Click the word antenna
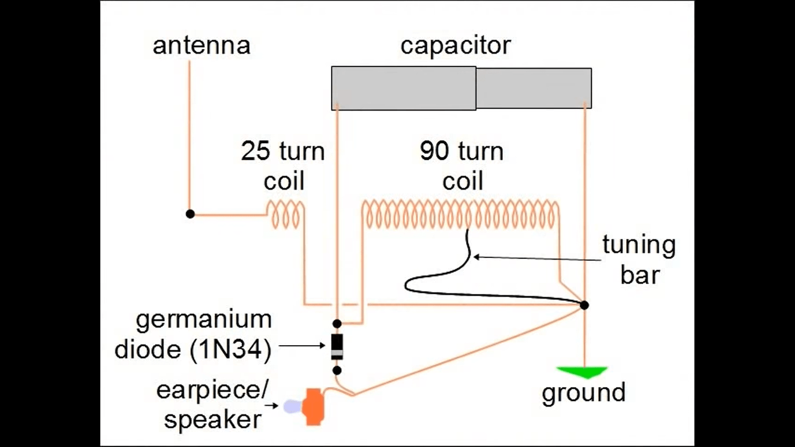tap(201, 45)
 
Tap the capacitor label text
tap(455, 45)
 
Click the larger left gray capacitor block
tap(403, 88)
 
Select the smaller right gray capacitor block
tap(534, 88)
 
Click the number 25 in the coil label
tap(255, 152)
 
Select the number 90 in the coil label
tap(434, 152)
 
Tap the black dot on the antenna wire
tap(190, 214)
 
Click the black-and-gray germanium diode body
tap(337, 346)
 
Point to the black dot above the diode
tap(337, 323)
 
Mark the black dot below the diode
tap(337, 370)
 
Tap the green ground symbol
tap(582, 372)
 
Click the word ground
tap(583, 393)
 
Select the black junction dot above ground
tap(584, 305)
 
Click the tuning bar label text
tap(639, 260)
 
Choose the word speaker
tap(212, 419)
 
